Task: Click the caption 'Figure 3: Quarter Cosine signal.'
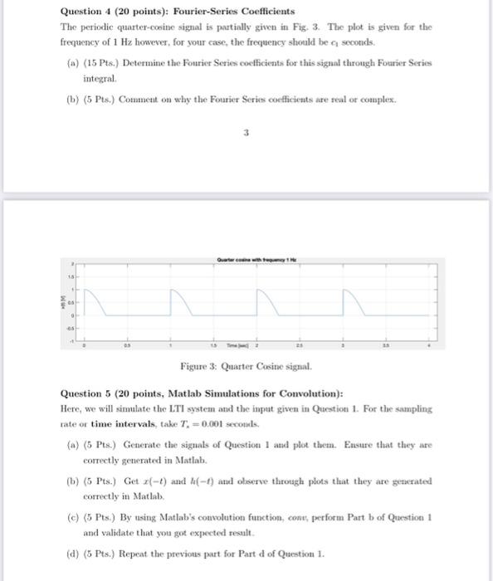tap(247, 367)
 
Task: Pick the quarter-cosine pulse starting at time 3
tap(354, 300)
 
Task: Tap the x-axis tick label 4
tap(428, 345)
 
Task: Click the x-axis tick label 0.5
tap(127, 345)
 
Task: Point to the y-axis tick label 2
tap(73, 263)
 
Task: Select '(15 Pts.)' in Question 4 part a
tap(100, 63)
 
